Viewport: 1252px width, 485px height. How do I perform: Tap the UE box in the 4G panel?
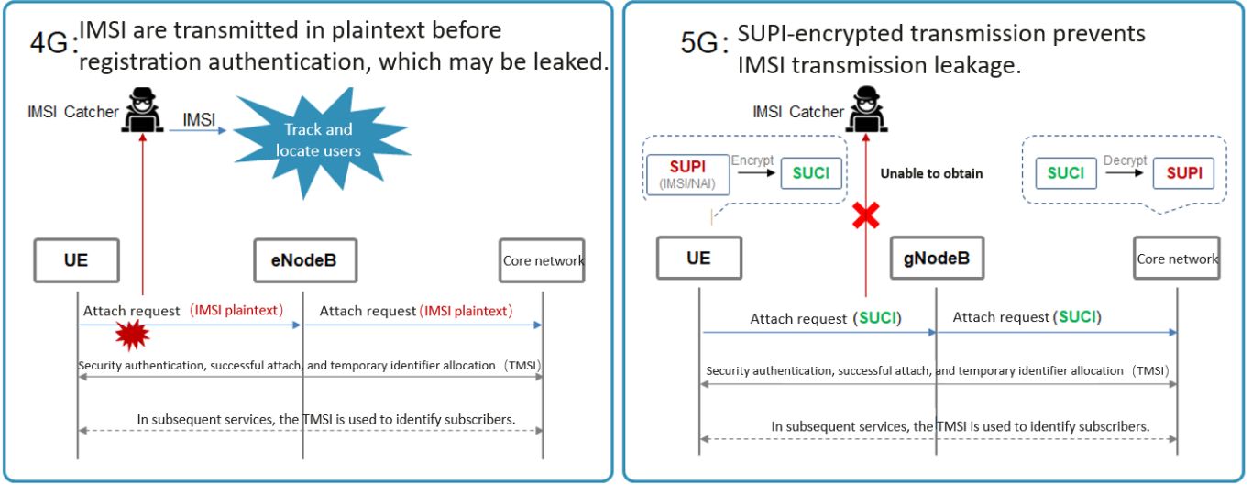click(77, 260)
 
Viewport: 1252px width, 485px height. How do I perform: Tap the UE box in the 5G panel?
click(698, 260)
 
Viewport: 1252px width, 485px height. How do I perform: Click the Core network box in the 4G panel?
click(543, 261)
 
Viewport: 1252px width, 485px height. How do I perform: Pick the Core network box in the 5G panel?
click(1178, 259)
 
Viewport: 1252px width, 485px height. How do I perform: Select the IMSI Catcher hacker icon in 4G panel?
click(142, 112)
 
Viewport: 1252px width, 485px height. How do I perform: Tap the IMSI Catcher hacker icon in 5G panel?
click(863, 111)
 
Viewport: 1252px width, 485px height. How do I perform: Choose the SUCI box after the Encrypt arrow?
click(811, 173)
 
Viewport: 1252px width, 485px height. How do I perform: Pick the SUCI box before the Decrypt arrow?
click(1066, 173)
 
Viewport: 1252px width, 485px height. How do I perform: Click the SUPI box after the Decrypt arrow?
click(1183, 173)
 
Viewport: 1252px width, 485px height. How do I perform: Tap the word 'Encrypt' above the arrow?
click(752, 160)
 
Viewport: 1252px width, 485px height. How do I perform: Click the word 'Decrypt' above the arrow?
click(1125, 160)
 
